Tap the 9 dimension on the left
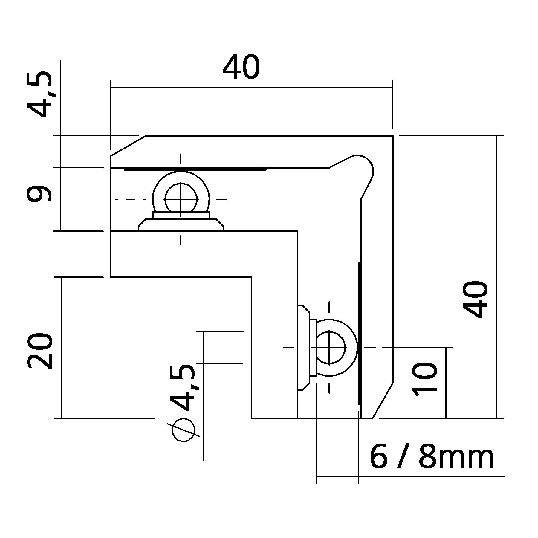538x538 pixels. coord(39,194)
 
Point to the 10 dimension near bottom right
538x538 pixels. coord(424,379)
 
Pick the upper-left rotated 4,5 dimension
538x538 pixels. coord(39,94)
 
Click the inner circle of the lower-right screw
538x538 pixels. coord(329,348)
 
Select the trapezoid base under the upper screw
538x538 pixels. coord(181,225)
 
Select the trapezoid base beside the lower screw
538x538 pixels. coord(304,348)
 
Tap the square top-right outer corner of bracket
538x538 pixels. coord(392,136)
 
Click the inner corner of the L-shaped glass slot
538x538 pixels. coord(297,231)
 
